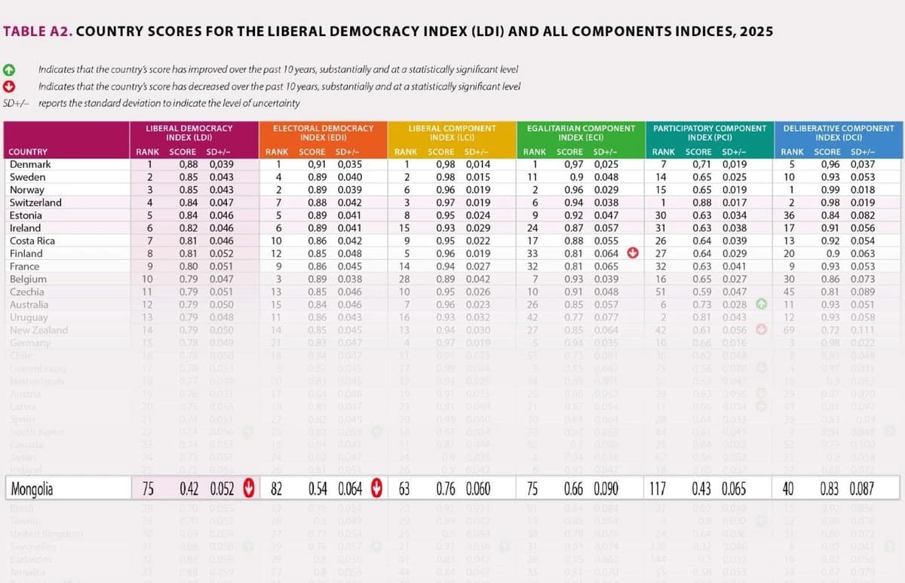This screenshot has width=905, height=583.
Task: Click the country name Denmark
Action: pos(30,164)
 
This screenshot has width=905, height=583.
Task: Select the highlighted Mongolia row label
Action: pos(32,490)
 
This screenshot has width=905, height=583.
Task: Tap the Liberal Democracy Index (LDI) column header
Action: pos(189,133)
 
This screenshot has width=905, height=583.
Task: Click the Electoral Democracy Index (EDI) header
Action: pos(323,133)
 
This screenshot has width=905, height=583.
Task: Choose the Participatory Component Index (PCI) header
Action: pos(709,133)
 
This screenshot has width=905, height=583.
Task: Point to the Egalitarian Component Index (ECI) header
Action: pos(581,133)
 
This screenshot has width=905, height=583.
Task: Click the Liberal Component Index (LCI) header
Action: pos(452,133)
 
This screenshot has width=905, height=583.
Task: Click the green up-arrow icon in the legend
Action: pos(10,69)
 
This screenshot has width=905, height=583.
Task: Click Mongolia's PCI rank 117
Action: pos(658,490)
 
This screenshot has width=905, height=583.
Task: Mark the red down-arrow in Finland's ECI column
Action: pos(633,254)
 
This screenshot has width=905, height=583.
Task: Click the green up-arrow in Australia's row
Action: pos(762,304)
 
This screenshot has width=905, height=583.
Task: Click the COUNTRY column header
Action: pos(28,152)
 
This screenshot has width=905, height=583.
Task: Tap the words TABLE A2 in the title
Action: pos(37,32)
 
